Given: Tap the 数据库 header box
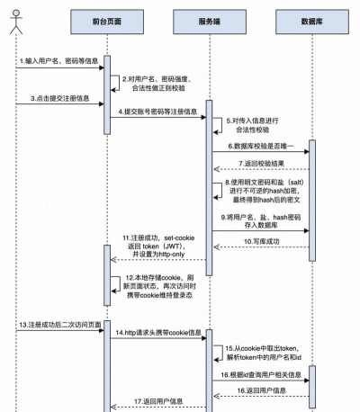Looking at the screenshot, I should [312, 20].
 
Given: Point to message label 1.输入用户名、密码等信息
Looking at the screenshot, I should [58, 61].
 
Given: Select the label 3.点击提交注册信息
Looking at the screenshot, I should [53, 96].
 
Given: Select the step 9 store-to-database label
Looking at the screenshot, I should [261, 222].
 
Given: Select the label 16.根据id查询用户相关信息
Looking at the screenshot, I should [262, 372].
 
